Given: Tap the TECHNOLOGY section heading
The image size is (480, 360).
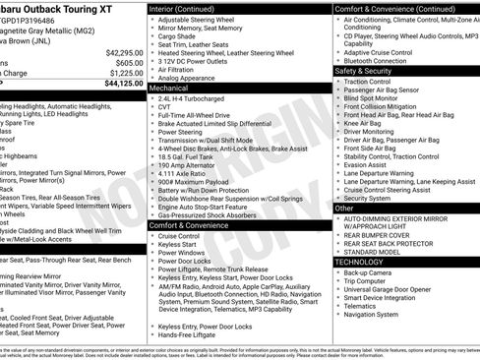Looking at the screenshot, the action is click(360, 262).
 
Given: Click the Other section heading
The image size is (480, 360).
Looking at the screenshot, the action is click(345, 208).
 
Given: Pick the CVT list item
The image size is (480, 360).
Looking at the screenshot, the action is click(164, 108).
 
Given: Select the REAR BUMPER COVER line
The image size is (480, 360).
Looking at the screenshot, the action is click(380, 235).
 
